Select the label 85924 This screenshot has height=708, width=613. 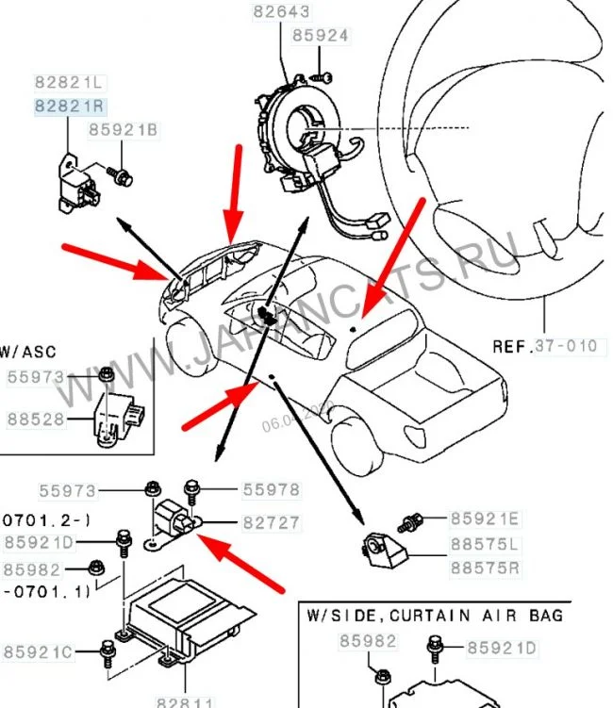320,37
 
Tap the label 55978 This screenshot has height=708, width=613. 271,489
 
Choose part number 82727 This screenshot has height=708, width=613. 271,521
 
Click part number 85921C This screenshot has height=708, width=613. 38,651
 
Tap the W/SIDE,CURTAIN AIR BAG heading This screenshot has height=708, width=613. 435,615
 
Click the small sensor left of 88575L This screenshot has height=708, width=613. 383,548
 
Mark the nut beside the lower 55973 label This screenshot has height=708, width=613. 150,489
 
